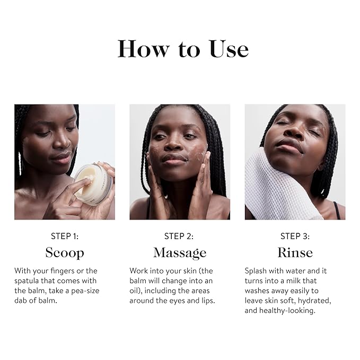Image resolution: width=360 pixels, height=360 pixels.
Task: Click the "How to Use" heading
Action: [x=182, y=49]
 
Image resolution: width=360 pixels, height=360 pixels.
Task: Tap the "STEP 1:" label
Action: [x=65, y=236]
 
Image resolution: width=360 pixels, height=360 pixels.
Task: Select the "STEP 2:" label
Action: [x=180, y=236]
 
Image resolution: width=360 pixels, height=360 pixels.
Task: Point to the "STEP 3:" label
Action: [x=295, y=236]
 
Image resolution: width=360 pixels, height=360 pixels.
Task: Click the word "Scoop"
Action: [x=65, y=252]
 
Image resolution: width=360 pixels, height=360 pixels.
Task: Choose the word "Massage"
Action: [x=180, y=252]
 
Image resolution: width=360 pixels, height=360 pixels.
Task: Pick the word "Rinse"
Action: [x=295, y=252]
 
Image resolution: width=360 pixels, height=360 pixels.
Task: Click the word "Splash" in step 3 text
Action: [x=257, y=270]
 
